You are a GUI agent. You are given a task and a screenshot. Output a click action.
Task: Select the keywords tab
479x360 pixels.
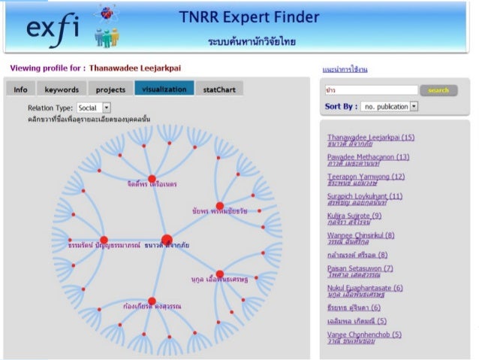(62, 89)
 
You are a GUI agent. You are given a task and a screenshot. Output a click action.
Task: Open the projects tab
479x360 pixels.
(110, 89)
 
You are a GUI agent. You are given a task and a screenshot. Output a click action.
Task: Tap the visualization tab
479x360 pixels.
(164, 89)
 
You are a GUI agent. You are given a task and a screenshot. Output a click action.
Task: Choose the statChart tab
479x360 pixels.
(218, 89)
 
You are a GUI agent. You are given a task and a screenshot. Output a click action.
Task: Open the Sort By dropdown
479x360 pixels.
(389, 107)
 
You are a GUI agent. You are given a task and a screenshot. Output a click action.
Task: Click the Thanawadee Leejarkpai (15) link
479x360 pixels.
(370, 138)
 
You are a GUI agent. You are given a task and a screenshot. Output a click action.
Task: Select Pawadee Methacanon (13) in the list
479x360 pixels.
(368, 157)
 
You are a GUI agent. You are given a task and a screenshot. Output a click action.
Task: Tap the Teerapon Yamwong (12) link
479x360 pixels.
(366, 177)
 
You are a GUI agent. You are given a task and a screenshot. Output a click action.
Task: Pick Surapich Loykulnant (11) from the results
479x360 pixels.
(365, 196)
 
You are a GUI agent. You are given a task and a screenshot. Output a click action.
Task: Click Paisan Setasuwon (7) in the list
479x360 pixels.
(360, 268)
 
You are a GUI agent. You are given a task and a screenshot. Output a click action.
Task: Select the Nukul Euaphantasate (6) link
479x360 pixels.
(365, 288)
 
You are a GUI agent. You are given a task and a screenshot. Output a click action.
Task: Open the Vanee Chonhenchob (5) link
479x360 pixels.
(364, 334)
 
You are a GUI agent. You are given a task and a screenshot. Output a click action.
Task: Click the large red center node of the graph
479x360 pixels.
(167, 241)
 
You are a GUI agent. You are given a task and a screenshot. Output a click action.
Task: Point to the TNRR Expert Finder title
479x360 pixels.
(249, 17)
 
